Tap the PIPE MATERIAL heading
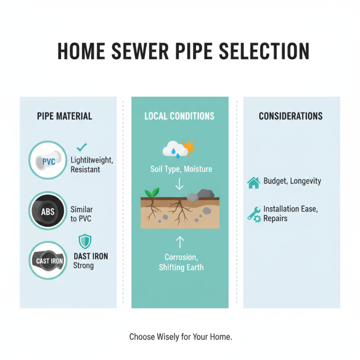(x=64, y=116)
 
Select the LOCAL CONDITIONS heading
(x=180, y=116)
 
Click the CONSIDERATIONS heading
(x=291, y=116)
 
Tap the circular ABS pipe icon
(x=47, y=211)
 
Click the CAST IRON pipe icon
(x=47, y=261)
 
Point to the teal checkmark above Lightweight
(x=82, y=147)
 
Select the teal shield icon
(x=85, y=241)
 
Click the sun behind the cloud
(x=189, y=147)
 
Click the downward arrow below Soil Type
(x=180, y=184)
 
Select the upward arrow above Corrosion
(x=180, y=243)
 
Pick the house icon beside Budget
(x=254, y=182)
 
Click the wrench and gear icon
(x=254, y=213)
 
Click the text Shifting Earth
(x=181, y=267)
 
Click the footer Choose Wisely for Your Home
(x=180, y=337)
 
